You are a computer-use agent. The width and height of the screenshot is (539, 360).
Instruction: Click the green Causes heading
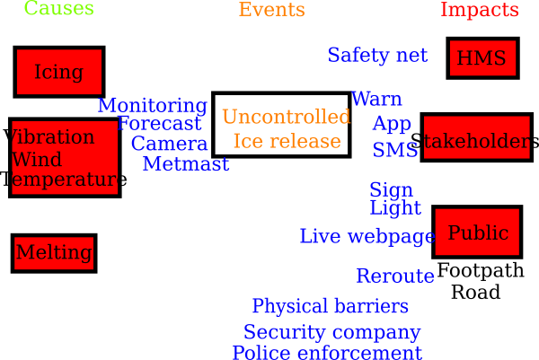pyautogui.click(x=58, y=7)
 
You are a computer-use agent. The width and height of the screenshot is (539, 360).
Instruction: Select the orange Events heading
pyautogui.click(x=272, y=9)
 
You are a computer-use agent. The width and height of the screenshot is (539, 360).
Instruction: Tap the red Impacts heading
pyautogui.click(x=480, y=10)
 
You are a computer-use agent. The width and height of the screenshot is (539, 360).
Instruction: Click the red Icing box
pyautogui.click(x=59, y=72)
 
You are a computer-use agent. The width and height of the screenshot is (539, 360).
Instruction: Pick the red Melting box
pyautogui.click(x=54, y=253)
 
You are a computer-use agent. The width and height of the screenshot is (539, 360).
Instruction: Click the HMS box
pyautogui.click(x=482, y=58)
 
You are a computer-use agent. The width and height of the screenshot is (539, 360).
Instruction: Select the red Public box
pyautogui.click(x=478, y=232)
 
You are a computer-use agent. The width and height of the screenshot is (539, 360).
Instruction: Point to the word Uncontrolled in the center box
pyautogui.click(x=287, y=117)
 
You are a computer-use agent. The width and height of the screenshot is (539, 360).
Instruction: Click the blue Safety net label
pyautogui.click(x=377, y=55)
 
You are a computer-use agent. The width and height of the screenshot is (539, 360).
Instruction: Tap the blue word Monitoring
pyautogui.click(x=153, y=106)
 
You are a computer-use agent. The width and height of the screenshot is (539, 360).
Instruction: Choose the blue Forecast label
pyautogui.click(x=159, y=123)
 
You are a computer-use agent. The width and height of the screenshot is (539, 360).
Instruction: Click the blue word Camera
pyautogui.click(x=169, y=144)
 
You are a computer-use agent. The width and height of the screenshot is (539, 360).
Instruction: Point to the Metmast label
pyautogui.click(x=186, y=164)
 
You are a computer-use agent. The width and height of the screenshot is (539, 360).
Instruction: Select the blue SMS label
pyautogui.click(x=395, y=150)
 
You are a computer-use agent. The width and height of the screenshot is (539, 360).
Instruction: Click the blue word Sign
pyautogui.click(x=391, y=190)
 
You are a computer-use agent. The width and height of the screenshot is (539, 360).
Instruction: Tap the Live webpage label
pyautogui.click(x=367, y=237)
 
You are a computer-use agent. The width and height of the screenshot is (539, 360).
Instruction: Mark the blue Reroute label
pyautogui.click(x=395, y=276)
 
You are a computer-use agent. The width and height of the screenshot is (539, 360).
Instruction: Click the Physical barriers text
pyautogui.click(x=331, y=306)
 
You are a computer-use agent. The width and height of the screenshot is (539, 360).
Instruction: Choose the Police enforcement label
pyautogui.click(x=327, y=353)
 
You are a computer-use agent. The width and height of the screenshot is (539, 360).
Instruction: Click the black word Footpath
pyautogui.click(x=481, y=270)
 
